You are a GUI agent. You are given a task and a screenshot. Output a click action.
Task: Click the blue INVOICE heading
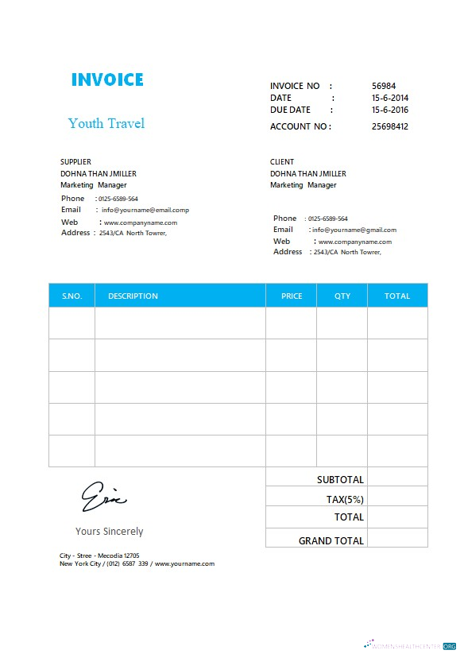click(107, 79)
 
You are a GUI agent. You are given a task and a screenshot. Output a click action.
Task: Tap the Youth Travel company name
click(106, 123)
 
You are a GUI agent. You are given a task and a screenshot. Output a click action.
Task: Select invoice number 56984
click(384, 86)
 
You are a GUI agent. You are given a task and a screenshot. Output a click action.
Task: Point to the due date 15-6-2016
click(390, 110)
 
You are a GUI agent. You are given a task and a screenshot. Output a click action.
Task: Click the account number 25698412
click(390, 126)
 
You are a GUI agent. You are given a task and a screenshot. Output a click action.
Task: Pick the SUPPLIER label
click(76, 162)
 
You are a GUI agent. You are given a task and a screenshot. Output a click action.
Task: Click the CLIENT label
click(282, 162)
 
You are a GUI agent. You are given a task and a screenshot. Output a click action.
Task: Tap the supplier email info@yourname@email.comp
click(145, 210)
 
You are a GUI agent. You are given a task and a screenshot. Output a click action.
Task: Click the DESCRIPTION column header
click(133, 296)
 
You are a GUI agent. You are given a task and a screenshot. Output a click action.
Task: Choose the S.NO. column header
click(72, 296)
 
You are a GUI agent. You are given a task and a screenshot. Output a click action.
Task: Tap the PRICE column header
click(292, 296)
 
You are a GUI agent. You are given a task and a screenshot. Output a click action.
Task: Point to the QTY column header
click(342, 296)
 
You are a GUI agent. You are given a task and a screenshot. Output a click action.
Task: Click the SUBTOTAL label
click(340, 480)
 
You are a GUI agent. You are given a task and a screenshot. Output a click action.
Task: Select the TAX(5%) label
click(345, 499)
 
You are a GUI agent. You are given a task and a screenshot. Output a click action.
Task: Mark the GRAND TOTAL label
click(331, 540)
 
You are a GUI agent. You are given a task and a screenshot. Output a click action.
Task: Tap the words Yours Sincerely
click(110, 531)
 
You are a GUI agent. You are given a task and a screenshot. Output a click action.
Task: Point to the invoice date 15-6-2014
click(390, 98)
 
